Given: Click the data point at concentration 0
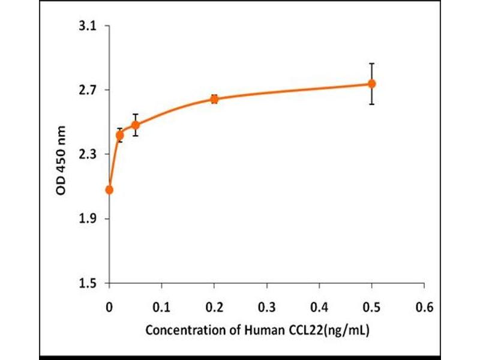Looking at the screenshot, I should click(109, 190).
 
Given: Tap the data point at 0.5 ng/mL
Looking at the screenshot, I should click(372, 83).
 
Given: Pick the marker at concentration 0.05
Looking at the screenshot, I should click(136, 125).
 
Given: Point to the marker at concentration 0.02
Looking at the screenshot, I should click(120, 135).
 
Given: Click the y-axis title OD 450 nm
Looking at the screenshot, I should click(61, 155).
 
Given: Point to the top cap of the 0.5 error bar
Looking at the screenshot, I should click(372, 63).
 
